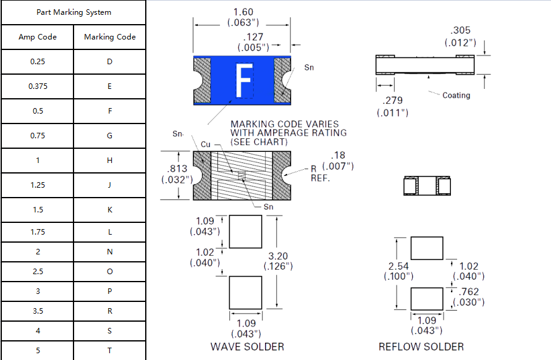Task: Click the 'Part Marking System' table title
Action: click(74, 12)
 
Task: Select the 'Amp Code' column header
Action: click(38, 37)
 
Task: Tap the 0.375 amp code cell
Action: click(38, 86)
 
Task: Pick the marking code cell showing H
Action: click(109, 161)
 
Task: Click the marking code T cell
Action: click(109, 351)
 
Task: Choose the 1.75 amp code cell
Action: click(38, 232)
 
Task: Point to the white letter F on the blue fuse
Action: click(244, 80)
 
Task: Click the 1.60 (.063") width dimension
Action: click(243, 17)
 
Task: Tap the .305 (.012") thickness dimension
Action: click(460, 36)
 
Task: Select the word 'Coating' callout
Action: click(456, 95)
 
